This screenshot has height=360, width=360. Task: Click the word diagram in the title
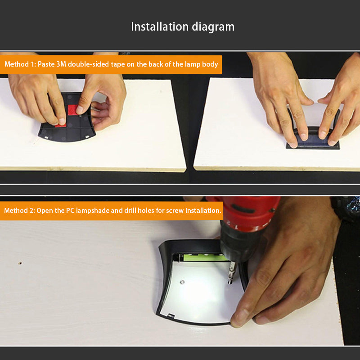213,27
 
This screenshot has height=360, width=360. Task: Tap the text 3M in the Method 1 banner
61,64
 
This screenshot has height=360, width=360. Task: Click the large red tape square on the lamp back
73,110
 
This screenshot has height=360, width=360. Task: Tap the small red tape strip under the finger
61,125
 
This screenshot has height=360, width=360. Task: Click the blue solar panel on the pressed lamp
313,140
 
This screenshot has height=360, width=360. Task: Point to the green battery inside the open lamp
204,257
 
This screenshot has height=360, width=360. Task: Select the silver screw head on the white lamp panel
182,282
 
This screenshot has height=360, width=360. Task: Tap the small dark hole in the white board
20,263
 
